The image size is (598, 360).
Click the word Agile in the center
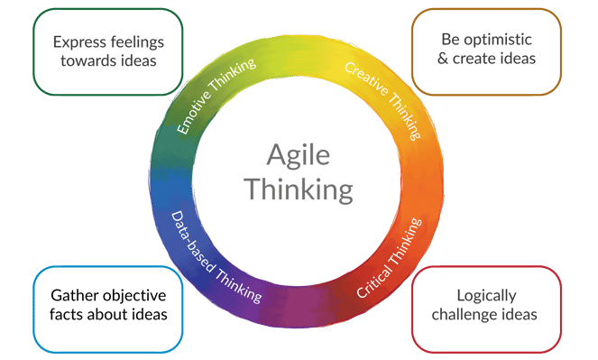coord(299,156)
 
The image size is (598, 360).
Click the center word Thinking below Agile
coord(299,189)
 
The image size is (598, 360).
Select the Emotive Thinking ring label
coord(216,97)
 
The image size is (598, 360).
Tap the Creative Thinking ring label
coord(383,99)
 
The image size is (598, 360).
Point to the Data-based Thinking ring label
coord(216,257)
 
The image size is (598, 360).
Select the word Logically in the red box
coord(486,296)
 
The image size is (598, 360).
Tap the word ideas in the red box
coord(520,315)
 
